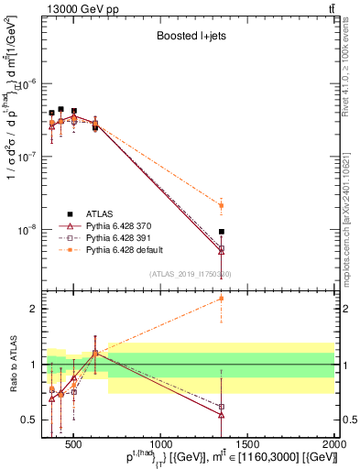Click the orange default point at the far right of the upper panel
tap(221, 205)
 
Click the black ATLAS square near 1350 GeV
tap(221, 232)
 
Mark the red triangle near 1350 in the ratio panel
tap(221, 414)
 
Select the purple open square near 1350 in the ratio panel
tap(221, 407)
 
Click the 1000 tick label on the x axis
tap(160, 443)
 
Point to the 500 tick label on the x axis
tap(74, 443)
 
